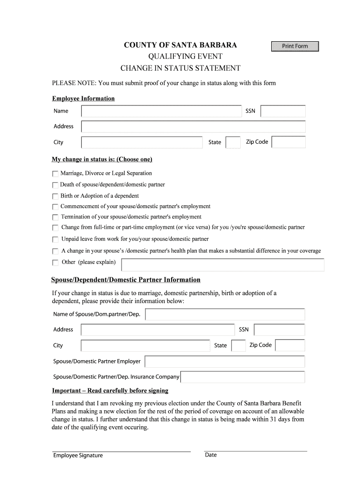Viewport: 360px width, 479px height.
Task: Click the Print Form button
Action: [x=295, y=46]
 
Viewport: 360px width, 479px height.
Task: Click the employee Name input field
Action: [x=161, y=111]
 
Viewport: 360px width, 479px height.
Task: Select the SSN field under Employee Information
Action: [x=283, y=111]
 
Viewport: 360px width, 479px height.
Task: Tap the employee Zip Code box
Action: [x=288, y=142]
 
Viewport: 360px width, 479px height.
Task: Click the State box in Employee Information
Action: [x=232, y=142]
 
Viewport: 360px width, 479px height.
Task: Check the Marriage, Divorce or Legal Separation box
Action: [x=56, y=174]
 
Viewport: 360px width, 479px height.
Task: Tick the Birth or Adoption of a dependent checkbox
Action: [x=56, y=196]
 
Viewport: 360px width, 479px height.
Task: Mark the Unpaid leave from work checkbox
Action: [x=56, y=239]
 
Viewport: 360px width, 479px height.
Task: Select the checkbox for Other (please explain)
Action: [x=56, y=263]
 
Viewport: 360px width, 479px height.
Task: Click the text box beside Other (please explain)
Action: [x=223, y=265]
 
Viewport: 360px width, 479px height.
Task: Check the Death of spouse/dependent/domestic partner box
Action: [x=56, y=185]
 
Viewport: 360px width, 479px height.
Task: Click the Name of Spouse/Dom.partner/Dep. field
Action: [x=225, y=314]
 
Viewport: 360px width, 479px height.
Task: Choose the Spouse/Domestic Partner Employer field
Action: [x=224, y=362]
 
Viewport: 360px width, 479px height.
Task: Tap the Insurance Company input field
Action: [x=243, y=377]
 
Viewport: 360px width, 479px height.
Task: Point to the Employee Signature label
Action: [x=78, y=456]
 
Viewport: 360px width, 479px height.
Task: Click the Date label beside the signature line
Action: [x=211, y=455]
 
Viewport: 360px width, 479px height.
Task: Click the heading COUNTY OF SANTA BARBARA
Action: [x=180, y=45]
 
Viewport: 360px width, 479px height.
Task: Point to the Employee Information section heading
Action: [x=83, y=99]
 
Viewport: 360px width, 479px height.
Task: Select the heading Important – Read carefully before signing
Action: [x=110, y=391]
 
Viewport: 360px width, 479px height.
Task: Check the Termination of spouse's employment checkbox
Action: [x=56, y=218]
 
